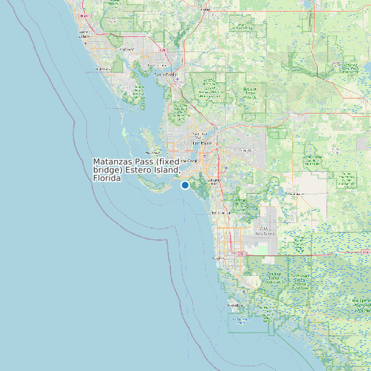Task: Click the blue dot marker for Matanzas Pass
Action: [185, 185]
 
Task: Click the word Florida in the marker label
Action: [107, 178]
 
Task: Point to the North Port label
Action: [127, 49]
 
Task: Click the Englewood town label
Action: [103, 69]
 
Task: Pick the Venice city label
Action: [85, 33]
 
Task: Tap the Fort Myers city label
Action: [200, 142]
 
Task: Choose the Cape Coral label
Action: [188, 160]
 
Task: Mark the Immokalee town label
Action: [296, 194]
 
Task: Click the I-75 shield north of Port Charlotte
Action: [162, 50]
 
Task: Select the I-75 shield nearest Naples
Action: [240, 253]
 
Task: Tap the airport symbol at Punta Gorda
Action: [177, 79]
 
